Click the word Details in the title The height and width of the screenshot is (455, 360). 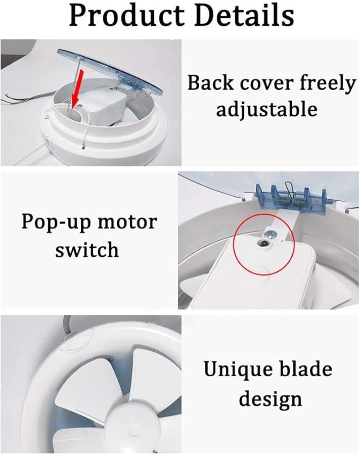click(x=245, y=15)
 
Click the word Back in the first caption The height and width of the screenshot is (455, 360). click(x=208, y=83)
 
